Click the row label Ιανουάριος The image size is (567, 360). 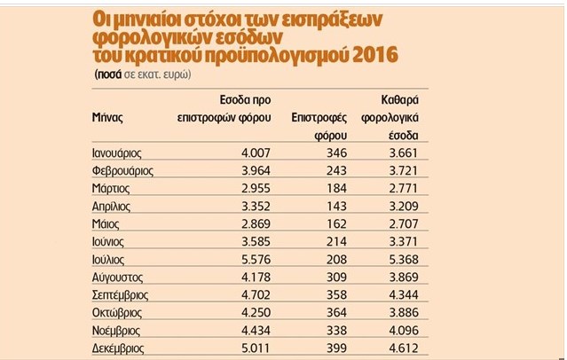[x=117, y=153]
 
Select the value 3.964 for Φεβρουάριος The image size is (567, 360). [x=256, y=170]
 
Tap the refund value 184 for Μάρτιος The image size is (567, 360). [x=336, y=188]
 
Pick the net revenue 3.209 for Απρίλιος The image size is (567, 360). [x=404, y=206]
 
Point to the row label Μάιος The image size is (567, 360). [x=106, y=224]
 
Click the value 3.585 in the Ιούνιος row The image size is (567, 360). [x=256, y=241]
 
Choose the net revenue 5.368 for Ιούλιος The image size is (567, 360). [x=404, y=259]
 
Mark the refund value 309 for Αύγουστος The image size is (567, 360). [x=336, y=277]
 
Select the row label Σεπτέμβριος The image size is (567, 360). [x=120, y=295]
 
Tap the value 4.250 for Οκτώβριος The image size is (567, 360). [x=256, y=312]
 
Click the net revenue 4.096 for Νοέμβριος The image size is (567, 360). [x=404, y=331]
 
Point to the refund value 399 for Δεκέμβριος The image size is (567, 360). [x=336, y=348]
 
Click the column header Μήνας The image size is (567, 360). [x=107, y=117]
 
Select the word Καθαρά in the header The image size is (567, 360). [x=399, y=100]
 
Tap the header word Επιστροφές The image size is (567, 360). [x=319, y=118]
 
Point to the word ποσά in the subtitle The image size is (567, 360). [x=108, y=74]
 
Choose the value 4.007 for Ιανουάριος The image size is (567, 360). [x=256, y=153]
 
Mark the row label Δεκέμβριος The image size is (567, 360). [x=118, y=348]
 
